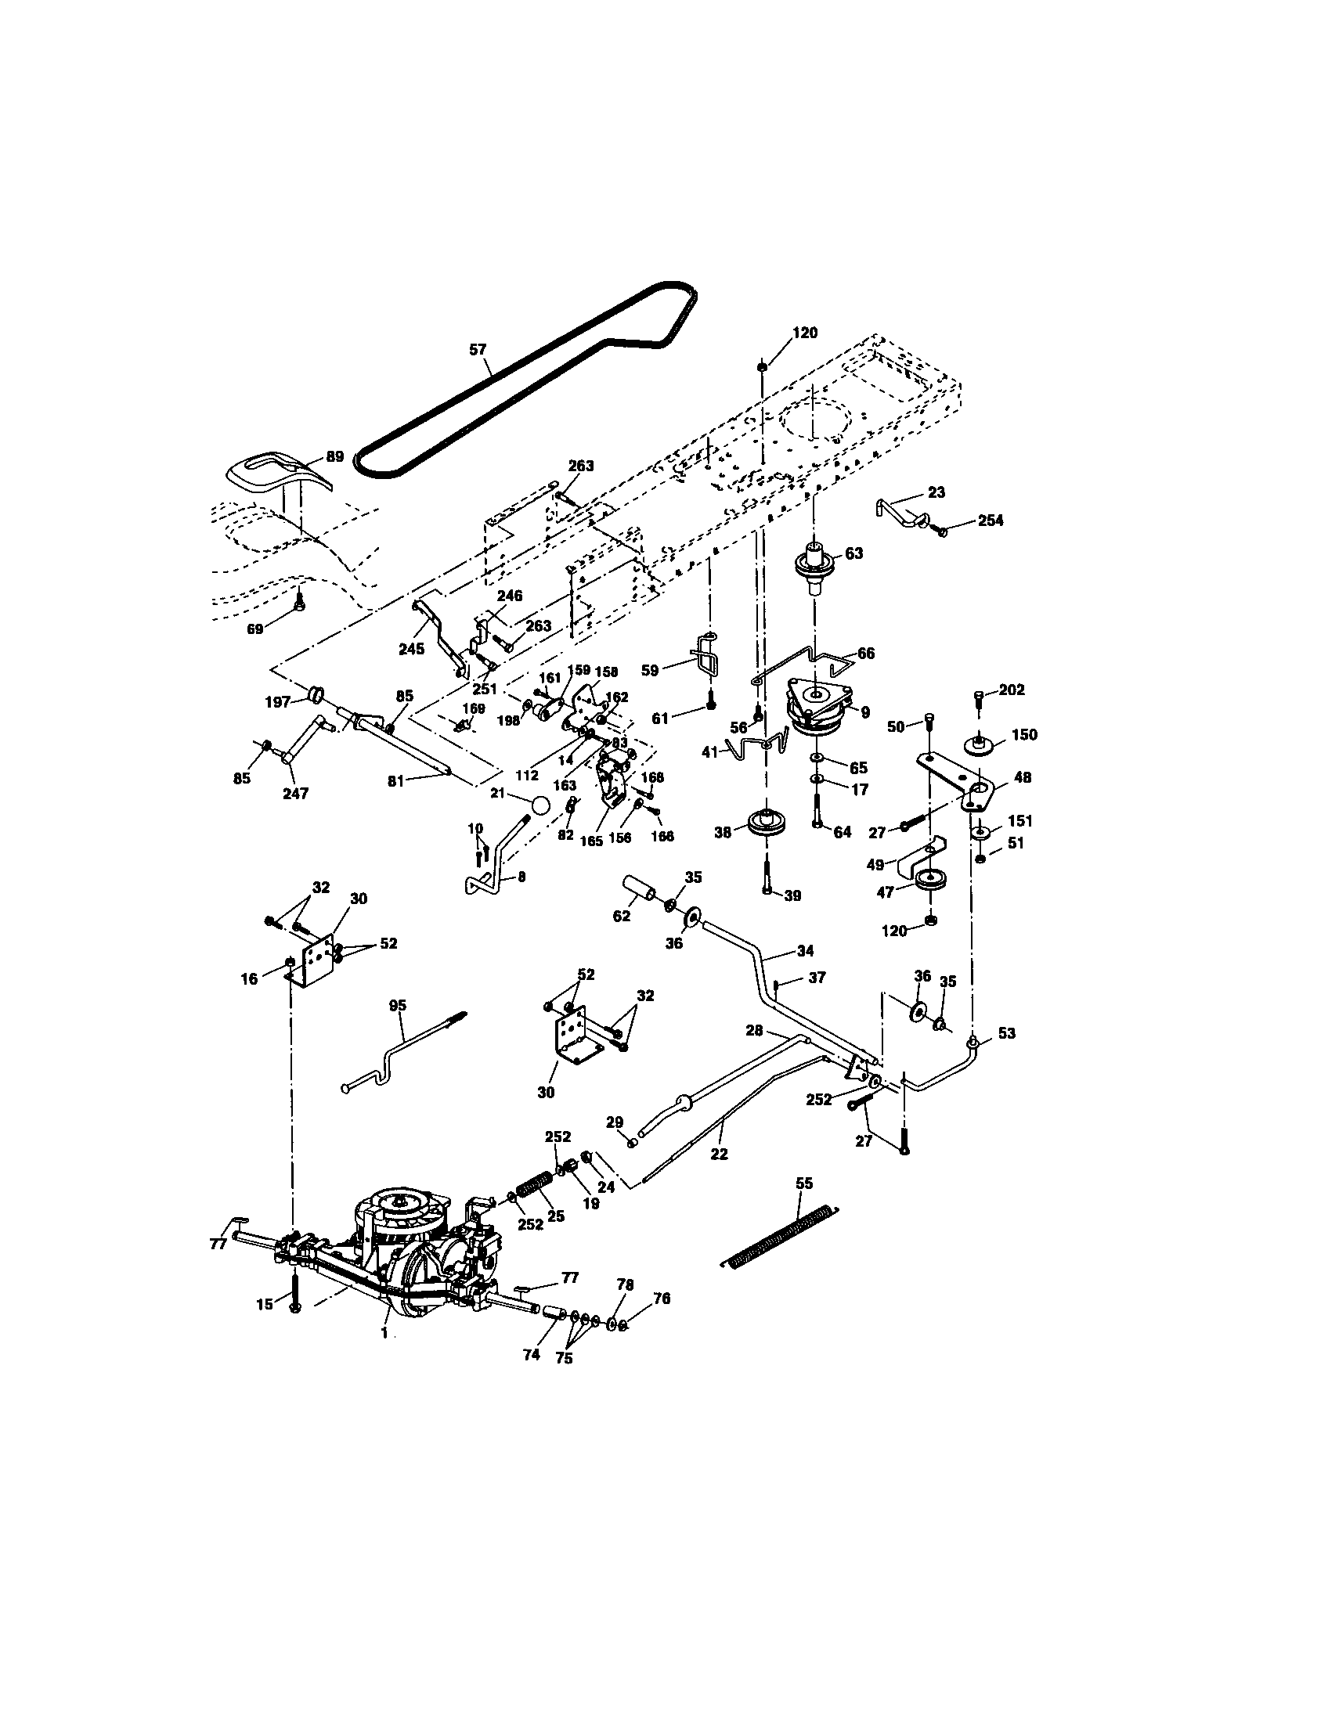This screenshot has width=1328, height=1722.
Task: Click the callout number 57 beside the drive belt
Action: (478, 349)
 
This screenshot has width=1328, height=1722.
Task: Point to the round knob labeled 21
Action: (540, 805)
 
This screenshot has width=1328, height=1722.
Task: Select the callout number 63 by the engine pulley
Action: (854, 553)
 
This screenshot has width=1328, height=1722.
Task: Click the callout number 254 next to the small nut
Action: (991, 521)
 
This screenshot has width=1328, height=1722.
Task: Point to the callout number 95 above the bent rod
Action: (399, 1005)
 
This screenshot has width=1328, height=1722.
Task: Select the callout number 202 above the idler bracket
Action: (1012, 690)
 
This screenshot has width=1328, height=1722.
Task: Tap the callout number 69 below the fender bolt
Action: (254, 629)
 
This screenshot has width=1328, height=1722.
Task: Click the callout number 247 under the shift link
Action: (296, 793)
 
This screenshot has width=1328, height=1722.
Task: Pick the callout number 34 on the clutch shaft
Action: (805, 951)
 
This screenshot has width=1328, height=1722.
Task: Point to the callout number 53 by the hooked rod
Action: (1007, 1033)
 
